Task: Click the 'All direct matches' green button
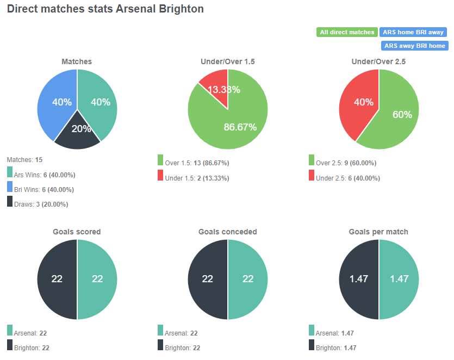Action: click(x=347, y=33)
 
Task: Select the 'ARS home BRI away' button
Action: click(x=413, y=33)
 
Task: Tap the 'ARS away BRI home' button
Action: click(x=414, y=46)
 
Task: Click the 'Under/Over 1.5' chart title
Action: click(x=228, y=62)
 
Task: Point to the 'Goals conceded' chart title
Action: click(x=228, y=232)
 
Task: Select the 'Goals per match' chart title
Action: click(x=378, y=232)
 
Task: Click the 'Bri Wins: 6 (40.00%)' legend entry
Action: click(x=45, y=190)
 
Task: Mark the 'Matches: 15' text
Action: click(x=24, y=160)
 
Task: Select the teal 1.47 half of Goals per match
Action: click(x=400, y=280)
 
